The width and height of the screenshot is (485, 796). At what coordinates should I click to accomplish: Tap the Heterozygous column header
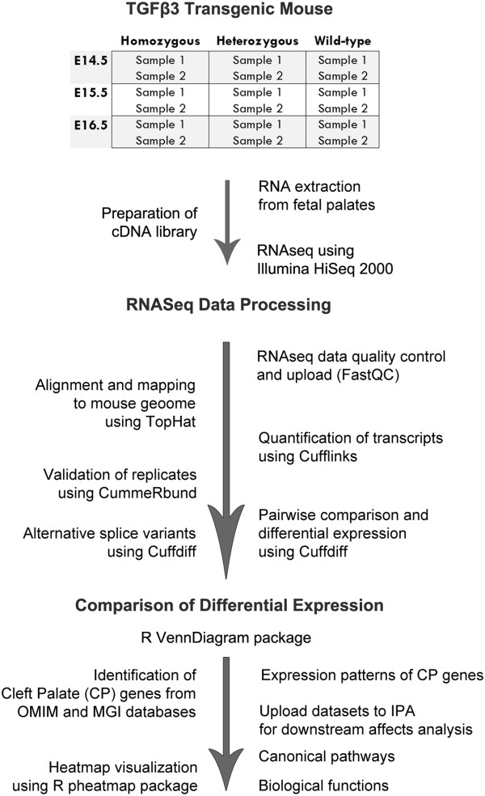click(257, 41)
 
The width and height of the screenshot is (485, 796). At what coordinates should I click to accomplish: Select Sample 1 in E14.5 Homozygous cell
click(159, 60)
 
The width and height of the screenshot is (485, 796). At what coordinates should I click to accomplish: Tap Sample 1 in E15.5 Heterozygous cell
click(257, 92)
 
